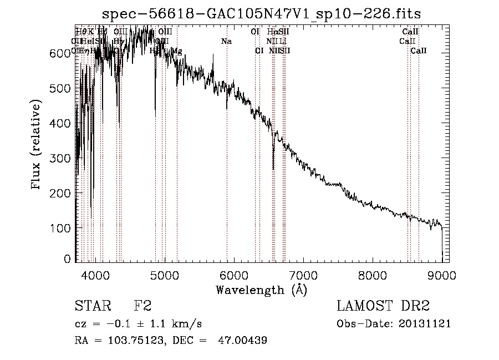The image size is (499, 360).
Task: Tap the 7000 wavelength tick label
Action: click(303, 276)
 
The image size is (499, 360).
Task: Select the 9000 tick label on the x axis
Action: click(442, 276)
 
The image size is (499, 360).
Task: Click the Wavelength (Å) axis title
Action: click(261, 290)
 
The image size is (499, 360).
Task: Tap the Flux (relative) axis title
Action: click(37, 146)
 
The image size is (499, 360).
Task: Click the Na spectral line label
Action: click(226, 42)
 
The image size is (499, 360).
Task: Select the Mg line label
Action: click(176, 51)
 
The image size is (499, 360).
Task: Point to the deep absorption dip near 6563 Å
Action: click(273, 166)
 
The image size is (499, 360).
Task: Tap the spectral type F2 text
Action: click(142, 306)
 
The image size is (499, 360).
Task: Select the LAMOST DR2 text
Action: click(383, 306)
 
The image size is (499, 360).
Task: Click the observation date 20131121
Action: click(425, 323)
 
